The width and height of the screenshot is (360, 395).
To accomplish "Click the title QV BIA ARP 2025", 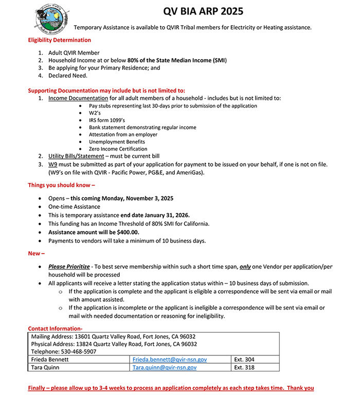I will click(203, 11).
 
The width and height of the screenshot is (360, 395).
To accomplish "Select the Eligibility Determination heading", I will click(59, 40).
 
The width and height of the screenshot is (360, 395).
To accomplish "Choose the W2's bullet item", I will click(96, 113).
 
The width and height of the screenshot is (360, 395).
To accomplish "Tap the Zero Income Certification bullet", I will click(118, 149).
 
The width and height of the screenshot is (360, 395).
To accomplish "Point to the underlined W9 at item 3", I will click(53, 165).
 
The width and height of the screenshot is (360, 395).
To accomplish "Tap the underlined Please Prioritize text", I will click(69, 267).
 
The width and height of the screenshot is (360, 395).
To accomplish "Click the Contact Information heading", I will click(55, 329).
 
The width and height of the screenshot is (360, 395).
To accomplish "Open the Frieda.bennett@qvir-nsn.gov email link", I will click(169, 360).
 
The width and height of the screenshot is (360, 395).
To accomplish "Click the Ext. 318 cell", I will click(244, 368).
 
